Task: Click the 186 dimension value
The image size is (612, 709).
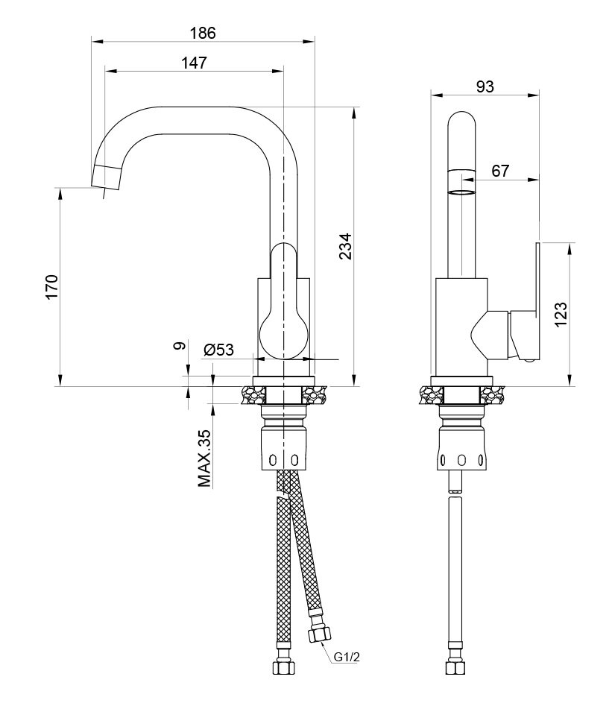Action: click(203, 33)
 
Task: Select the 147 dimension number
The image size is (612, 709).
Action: click(194, 63)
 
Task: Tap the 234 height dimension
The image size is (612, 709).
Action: click(345, 246)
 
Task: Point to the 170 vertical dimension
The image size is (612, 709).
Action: click(52, 287)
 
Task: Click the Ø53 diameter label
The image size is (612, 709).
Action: click(218, 350)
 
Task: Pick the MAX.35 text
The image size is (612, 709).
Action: click(204, 458)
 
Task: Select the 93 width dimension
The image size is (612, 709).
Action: click(485, 86)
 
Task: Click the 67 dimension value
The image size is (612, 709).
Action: click(500, 171)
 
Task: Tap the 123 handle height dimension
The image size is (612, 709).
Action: click(560, 315)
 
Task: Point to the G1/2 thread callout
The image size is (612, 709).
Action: click(347, 657)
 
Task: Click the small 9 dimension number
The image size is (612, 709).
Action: click(180, 346)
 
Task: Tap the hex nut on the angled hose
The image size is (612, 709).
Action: click(320, 635)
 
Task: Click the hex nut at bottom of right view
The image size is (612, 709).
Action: click(455, 667)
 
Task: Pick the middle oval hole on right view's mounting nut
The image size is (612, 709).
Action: click(461, 461)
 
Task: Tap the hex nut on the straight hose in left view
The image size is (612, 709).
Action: click(284, 667)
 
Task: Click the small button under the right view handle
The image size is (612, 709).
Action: click(528, 360)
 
